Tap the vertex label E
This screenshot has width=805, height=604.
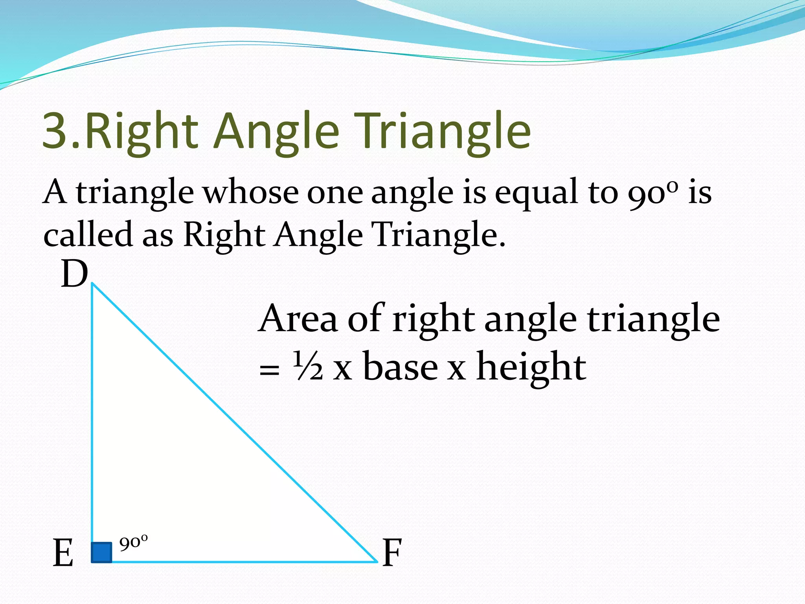(63, 553)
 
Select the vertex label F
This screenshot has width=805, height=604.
(392, 553)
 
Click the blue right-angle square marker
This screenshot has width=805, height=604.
(101, 552)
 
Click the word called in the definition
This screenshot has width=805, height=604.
(88, 234)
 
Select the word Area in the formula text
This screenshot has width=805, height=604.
(298, 319)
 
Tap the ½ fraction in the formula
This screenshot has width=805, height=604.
(308, 367)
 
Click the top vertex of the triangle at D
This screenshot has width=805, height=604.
(92, 284)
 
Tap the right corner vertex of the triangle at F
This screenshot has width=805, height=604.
(377, 562)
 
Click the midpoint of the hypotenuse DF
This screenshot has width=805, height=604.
(234, 422)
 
